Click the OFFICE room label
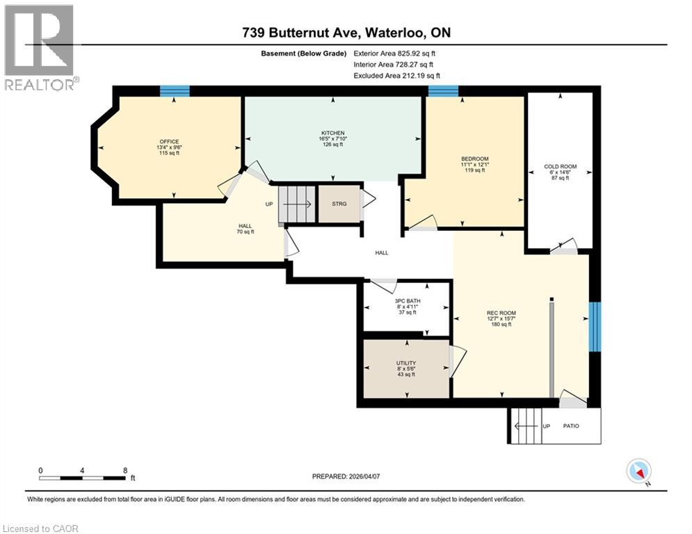click(x=169, y=142)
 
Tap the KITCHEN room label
click(x=332, y=133)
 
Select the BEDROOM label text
click(x=475, y=159)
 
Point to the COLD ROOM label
click(x=560, y=168)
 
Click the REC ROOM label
click(x=501, y=313)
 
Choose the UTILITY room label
click(x=405, y=363)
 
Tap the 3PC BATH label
click(x=408, y=301)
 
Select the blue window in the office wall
click(x=175, y=90)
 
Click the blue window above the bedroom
click(x=442, y=90)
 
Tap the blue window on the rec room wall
click(x=594, y=326)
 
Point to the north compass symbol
click(x=638, y=471)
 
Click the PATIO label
click(x=571, y=426)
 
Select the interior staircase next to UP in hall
click(x=296, y=205)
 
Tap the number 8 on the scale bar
click(x=124, y=471)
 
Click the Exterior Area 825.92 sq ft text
click(x=394, y=54)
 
